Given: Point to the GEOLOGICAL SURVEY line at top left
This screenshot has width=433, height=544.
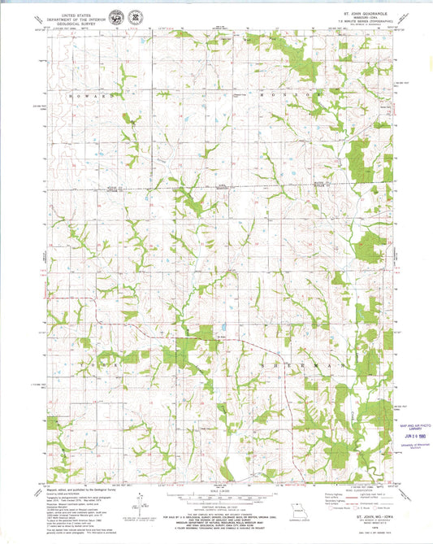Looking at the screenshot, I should pyautogui.click(x=80, y=18).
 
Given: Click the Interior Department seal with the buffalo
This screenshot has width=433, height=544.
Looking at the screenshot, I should pyautogui.click(x=120, y=15).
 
